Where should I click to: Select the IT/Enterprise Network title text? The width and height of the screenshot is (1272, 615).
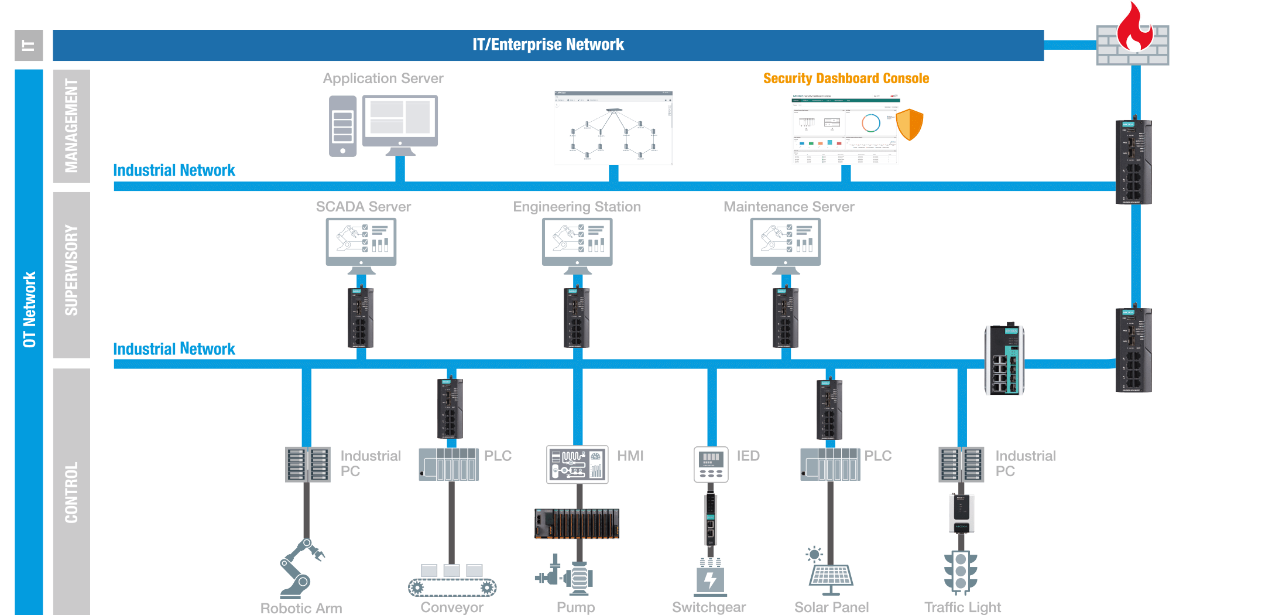[548, 45]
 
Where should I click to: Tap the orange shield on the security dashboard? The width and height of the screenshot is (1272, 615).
[910, 124]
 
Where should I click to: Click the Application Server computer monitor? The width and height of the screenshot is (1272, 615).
[400, 122]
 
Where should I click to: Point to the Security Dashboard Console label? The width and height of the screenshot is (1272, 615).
[846, 78]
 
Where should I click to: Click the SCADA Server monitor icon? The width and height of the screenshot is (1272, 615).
[361, 242]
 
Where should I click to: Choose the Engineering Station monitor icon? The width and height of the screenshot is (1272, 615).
[577, 242]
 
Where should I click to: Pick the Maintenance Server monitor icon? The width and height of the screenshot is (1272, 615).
[786, 242]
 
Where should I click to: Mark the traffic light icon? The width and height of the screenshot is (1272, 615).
[961, 572]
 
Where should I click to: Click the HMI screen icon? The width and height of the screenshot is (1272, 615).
[577, 464]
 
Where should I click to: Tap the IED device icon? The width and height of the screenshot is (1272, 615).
[711, 464]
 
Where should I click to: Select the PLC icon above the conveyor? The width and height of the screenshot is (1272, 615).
[449, 464]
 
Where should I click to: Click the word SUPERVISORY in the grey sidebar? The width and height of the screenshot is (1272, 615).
[71, 271]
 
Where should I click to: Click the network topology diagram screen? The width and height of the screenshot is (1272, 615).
[613, 128]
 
